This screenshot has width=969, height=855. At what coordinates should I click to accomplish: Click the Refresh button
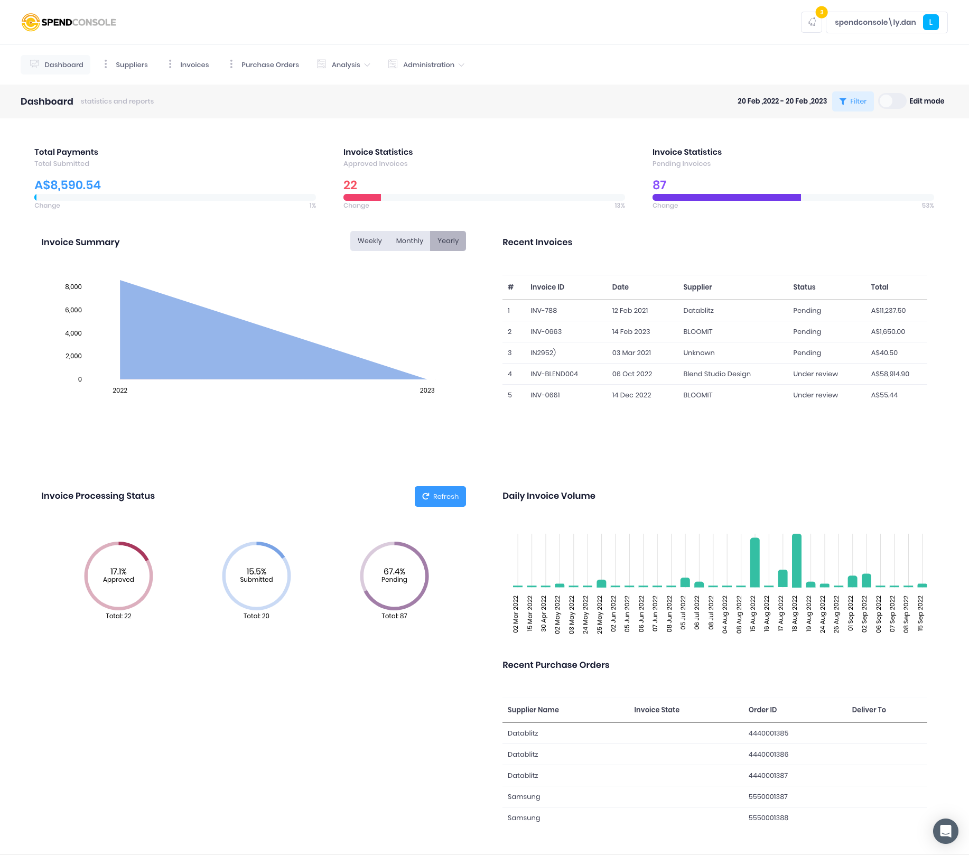pyautogui.click(x=440, y=496)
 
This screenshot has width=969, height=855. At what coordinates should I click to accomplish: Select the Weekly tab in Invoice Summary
pyautogui.click(x=369, y=241)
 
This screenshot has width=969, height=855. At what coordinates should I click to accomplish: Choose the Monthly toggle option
pyautogui.click(x=409, y=241)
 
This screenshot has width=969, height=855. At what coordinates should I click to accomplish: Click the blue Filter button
pyautogui.click(x=853, y=101)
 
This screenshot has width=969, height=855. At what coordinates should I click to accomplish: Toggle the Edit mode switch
pyautogui.click(x=892, y=101)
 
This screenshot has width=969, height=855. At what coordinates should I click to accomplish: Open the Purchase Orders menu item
pyautogui.click(x=269, y=65)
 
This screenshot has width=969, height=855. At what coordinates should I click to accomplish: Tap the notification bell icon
pyautogui.click(x=812, y=22)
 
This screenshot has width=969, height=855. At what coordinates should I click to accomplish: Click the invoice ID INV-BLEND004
pyautogui.click(x=554, y=374)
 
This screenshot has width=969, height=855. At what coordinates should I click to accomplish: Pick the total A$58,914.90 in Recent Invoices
pyautogui.click(x=890, y=374)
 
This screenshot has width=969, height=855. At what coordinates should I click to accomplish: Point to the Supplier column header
pyautogui.click(x=697, y=287)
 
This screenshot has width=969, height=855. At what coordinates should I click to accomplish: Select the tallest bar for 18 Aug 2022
pyautogui.click(x=797, y=560)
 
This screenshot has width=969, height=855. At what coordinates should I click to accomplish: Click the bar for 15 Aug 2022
pyautogui.click(x=754, y=562)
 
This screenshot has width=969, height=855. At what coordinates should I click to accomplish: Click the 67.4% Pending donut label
pyautogui.click(x=394, y=575)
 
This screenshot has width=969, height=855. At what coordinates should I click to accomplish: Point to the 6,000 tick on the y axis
pyautogui.click(x=73, y=310)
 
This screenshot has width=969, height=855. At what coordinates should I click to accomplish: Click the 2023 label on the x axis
pyautogui.click(x=427, y=391)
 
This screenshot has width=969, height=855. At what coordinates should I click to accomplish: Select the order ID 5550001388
pyautogui.click(x=768, y=818)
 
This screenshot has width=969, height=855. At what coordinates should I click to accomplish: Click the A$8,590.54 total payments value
pyautogui.click(x=68, y=185)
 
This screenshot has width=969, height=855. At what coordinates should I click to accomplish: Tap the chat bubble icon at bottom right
pyautogui.click(x=945, y=831)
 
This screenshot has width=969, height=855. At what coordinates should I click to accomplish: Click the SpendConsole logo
pyautogui.click(x=69, y=22)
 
